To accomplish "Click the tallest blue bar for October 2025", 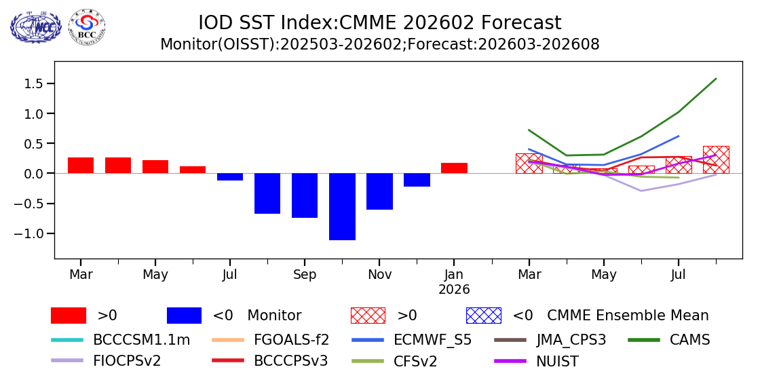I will [x=342, y=206].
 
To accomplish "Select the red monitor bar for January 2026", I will [x=454, y=168].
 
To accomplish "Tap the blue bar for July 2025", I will [x=230, y=176].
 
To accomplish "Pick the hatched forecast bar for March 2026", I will [x=529, y=164].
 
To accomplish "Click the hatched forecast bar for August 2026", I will [x=716, y=160].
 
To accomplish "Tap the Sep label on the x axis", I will [x=305, y=275].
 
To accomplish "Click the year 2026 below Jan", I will [x=454, y=290].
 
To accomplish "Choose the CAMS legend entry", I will [x=689, y=340].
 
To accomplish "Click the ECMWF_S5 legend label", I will [x=432, y=340].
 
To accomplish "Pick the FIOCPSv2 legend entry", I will [x=127, y=361].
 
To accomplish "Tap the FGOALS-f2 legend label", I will [x=291, y=340].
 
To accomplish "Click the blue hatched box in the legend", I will [x=483, y=316].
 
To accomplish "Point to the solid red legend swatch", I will [x=69, y=316].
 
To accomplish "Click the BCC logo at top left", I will [x=87, y=26].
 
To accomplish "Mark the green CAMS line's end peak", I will [x=716, y=79].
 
